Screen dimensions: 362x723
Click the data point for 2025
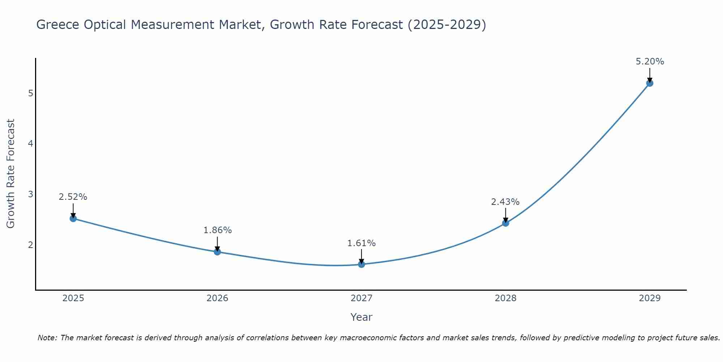[73, 218]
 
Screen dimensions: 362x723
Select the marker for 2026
[217, 252]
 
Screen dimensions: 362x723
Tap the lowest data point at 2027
[361, 264]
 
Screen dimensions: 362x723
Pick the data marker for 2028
[505, 223]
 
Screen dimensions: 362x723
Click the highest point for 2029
[650, 83]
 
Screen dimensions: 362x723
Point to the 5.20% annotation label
[650, 62]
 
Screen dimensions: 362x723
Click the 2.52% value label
[73, 197]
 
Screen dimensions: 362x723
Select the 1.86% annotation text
[217, 230]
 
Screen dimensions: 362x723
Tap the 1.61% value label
[361, 243]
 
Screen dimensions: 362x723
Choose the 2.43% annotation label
[505, 202]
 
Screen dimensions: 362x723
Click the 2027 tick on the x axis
[361, 298]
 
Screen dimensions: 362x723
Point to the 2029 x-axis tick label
[650, 298]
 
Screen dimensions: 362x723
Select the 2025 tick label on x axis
[73, 298]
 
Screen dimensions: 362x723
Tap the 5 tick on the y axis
[30, 93]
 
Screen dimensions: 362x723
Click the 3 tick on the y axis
[30, 194]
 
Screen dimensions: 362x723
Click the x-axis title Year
[361, 317]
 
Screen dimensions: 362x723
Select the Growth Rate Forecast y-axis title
[11, 174]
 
